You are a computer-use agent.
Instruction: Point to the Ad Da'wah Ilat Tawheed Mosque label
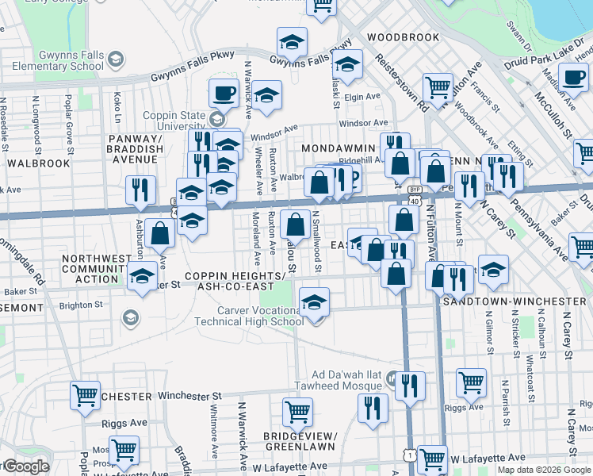click(x=347, y=380)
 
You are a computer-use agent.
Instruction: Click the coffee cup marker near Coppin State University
click(x=224, y=93)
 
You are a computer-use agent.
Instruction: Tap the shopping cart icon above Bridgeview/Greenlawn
click(x=297, y=412)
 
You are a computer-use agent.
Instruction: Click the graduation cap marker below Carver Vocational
click(x=315, y=301)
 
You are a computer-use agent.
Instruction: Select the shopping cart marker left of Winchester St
click(x=85, y=395)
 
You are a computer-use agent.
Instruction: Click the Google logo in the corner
click(x=25, y=467)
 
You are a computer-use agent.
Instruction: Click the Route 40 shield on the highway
click(x=414, y=202)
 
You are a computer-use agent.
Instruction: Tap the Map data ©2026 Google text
click(x=543, y=470)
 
